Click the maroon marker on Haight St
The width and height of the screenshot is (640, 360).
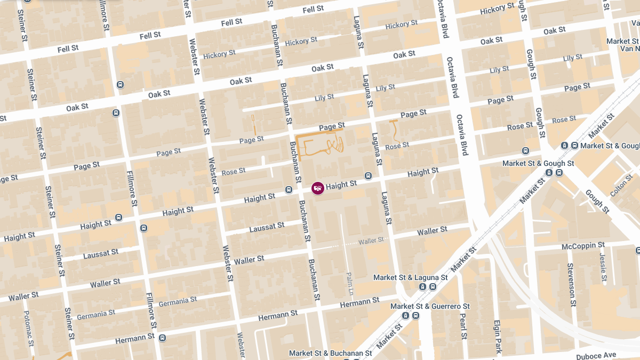point(318,188)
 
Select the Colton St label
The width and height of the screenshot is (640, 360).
point(621,185)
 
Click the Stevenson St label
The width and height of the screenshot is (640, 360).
point(571,285)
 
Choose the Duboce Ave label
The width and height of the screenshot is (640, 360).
point(596,355)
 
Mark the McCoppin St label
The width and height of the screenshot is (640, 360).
point(583,246)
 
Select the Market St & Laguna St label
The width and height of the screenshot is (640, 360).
point(410,278)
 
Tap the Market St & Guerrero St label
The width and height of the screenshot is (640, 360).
point(430,306)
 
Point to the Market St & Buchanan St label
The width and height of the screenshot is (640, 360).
point(330,353)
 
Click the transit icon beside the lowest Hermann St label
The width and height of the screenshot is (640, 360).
point(162,338)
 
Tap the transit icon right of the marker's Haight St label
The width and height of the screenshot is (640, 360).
point(368,176)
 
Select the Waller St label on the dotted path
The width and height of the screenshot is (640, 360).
point(371,241)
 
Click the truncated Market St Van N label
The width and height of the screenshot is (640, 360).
point(622,45)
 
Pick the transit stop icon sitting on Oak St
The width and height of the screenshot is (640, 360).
point(121,84)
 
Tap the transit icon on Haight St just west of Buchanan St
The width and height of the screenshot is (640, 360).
point(289,189)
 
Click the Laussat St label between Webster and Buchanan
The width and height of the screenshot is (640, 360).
point(267,227)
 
